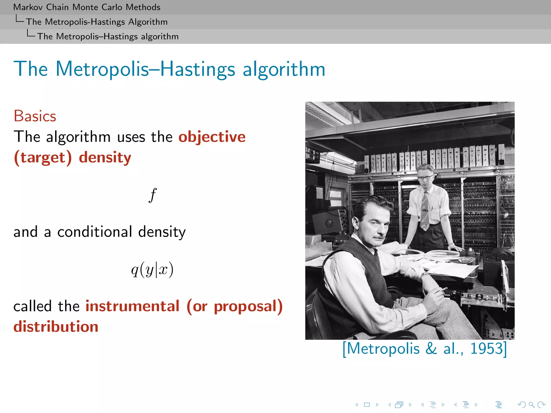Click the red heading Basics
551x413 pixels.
pos(35,116)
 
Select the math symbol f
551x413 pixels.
pos(153,195)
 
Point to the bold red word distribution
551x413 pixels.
pos(56,327)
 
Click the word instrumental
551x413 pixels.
pos(132,306)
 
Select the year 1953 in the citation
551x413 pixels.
pos(486,348)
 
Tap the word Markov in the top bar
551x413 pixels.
pos(28,7)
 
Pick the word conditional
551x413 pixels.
pos(95,232)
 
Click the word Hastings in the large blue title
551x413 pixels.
pos(198,69)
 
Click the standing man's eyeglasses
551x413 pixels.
pos(426,177)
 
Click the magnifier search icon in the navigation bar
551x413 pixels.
pos(531,404)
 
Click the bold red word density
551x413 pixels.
pos(105,158)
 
